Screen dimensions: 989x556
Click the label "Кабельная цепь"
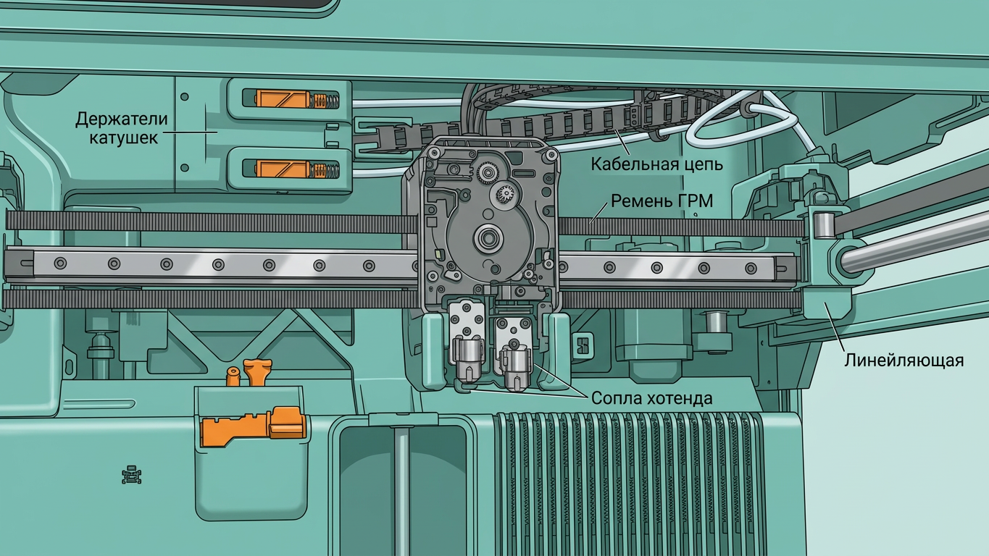click(x=656, y=164)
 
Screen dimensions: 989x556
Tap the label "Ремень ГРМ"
click(x=662, y=201)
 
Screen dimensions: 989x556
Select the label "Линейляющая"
click(x=904, y=361)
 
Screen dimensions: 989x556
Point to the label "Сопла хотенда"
click(x=651, y=398)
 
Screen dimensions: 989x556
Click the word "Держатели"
click(x=122, y=119)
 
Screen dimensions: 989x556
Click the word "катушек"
click(x=124, y=138)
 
